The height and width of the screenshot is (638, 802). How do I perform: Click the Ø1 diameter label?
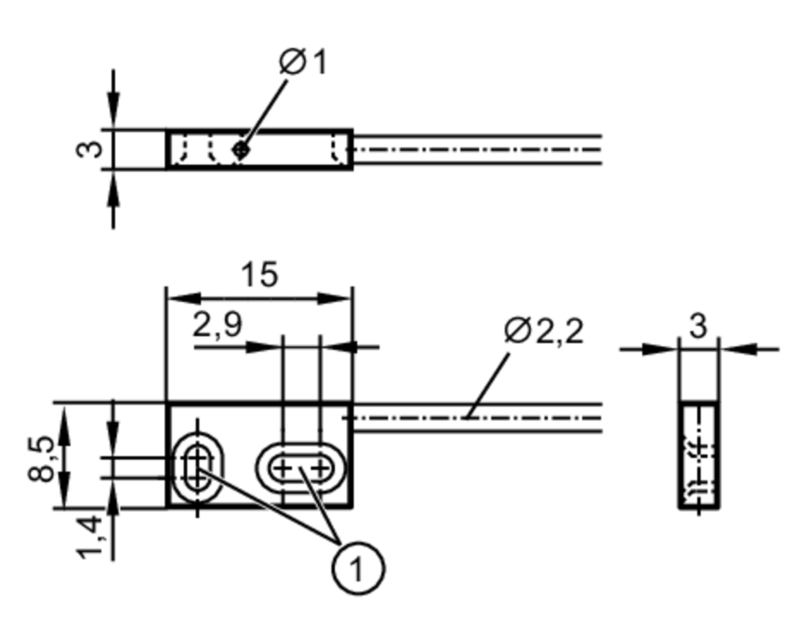[303, 62]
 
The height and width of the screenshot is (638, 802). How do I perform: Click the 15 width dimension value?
[259, 275]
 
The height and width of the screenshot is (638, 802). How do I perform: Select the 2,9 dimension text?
[217, 324]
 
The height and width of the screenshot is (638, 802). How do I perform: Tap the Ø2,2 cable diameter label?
[544, 331]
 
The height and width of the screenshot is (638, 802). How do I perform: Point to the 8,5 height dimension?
[41, 459]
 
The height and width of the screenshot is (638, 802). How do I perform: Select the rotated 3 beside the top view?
[89, 149]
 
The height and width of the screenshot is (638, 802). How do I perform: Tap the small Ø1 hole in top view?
[241, 150]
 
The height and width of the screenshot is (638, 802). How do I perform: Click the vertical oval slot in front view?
[197, 467]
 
